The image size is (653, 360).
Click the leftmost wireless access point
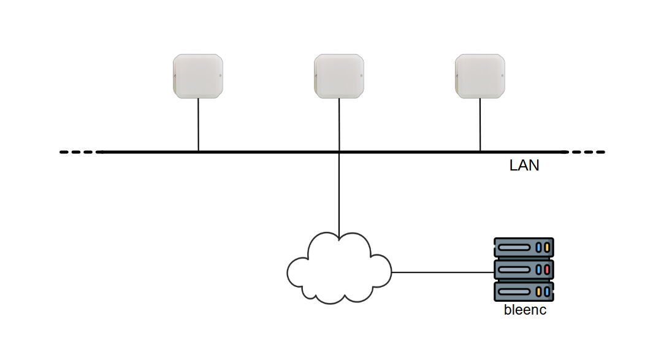point(197,75)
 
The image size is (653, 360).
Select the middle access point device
point(339,75)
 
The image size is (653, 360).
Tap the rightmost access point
point(480,75)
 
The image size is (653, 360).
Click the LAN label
point(524,166)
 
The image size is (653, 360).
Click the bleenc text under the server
point(525,310)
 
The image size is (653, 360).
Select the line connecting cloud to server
point(441,272)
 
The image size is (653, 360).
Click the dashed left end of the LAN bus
point(77,151)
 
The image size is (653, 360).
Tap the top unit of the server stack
point(524,247)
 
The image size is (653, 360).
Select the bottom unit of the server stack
point(524,291)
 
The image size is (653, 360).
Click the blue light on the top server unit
point(538,247)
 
